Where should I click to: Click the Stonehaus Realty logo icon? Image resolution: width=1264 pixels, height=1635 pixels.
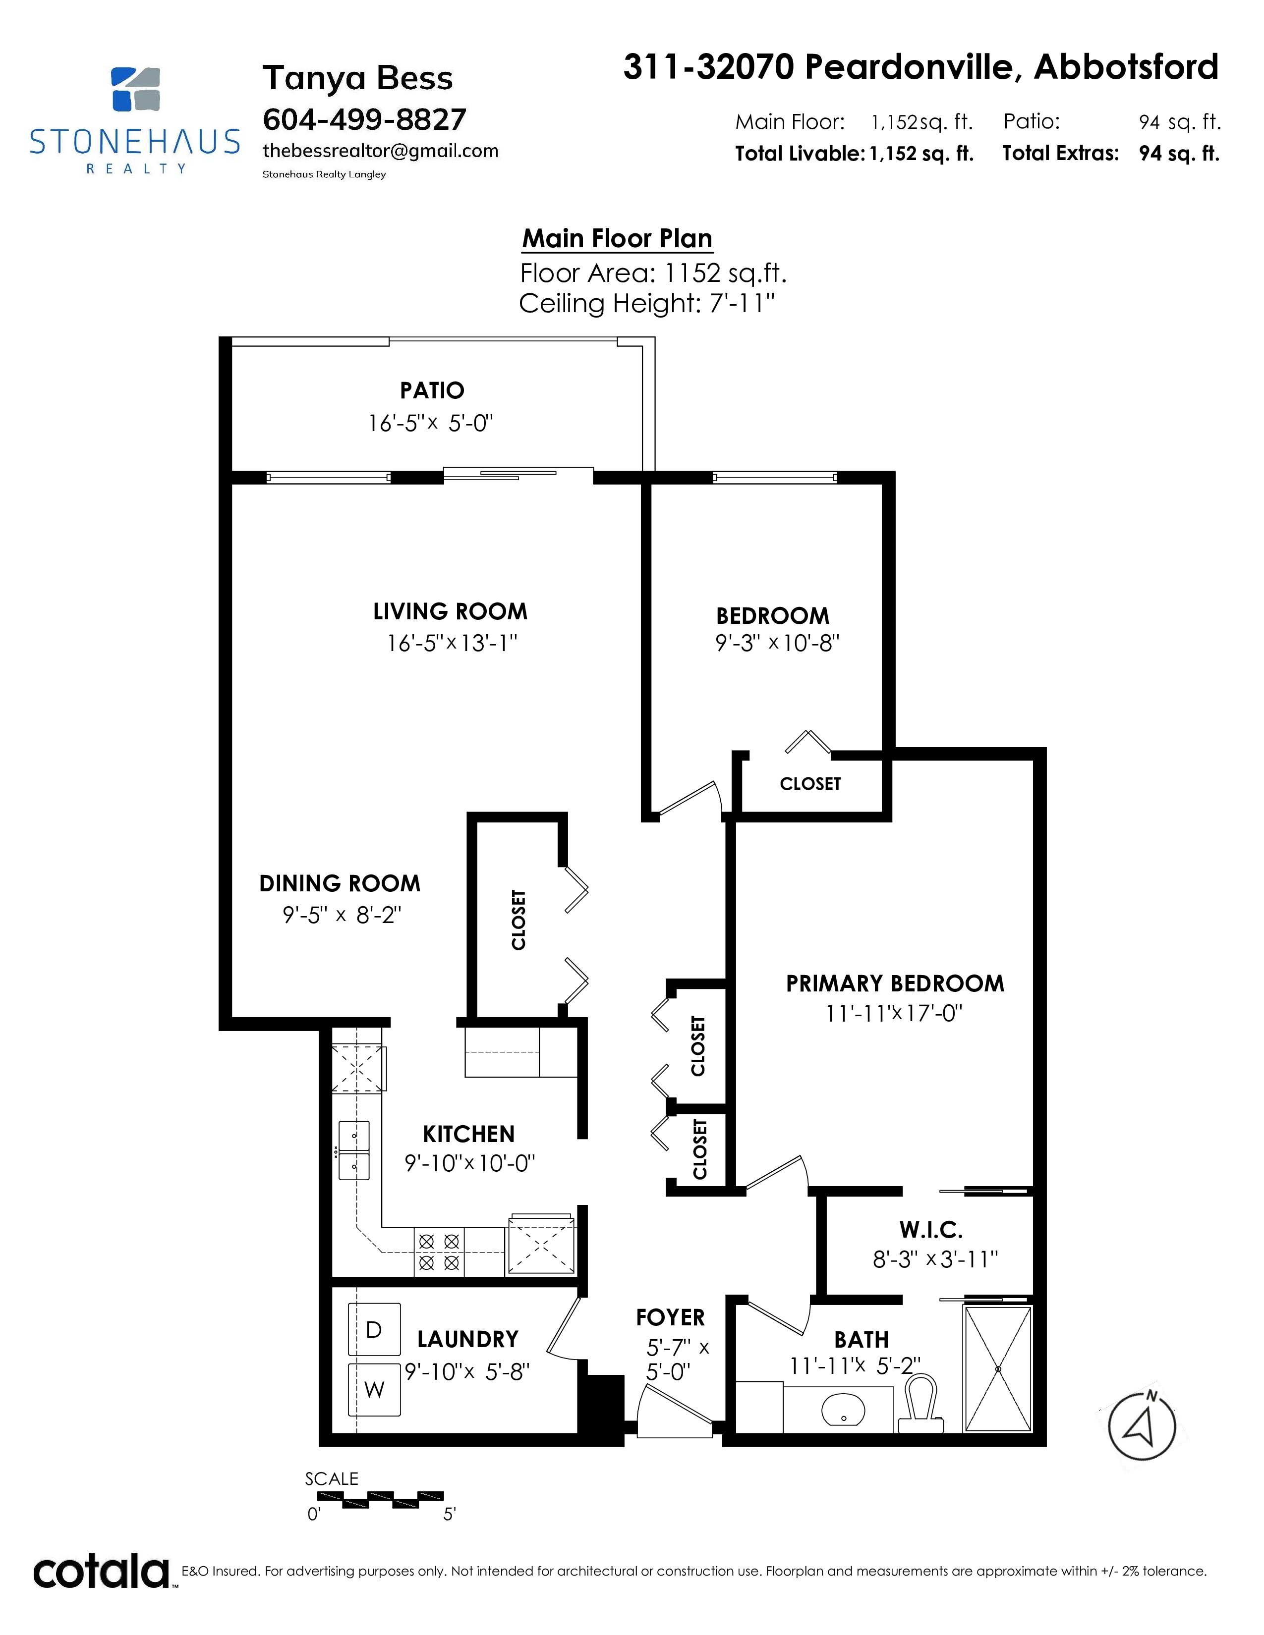[x=135, y=89]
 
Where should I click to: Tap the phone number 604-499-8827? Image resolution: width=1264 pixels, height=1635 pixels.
[x=365, y=119]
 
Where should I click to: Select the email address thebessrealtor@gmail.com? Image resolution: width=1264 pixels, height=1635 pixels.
[x=380, y=151]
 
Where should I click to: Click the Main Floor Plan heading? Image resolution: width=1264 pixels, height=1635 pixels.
[x=617, y=238]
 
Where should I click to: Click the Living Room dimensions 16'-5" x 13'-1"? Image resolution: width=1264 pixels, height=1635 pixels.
[x=452, y=643]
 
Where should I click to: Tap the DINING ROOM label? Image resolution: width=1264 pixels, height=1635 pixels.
[x=340, y=883]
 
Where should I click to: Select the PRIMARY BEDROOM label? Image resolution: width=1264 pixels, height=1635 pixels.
[x=895, y=983]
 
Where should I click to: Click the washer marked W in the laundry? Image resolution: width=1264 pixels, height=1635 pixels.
[x=374, y=1389]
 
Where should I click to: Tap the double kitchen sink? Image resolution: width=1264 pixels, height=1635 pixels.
[x=354, y=1150]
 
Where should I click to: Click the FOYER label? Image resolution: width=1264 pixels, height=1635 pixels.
[x=670, y=1317]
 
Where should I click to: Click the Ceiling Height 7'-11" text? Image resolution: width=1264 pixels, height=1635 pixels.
[x=647, y=303]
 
